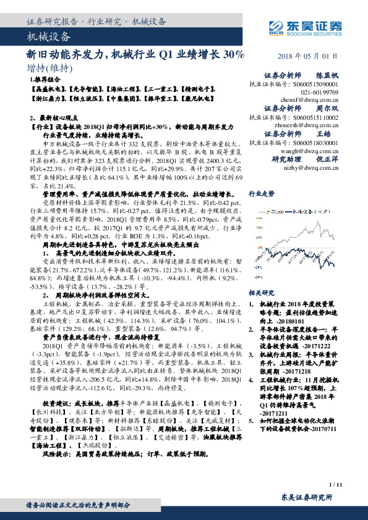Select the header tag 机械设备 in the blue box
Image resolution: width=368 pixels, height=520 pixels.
tap(46, 37)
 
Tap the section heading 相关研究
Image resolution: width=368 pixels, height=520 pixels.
tap(260, 292)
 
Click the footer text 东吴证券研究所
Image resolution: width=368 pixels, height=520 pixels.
tap(307, 497)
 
